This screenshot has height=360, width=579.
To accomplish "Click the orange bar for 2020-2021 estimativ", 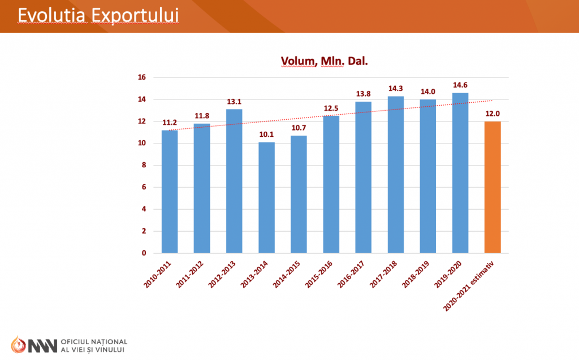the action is tap(492, 187).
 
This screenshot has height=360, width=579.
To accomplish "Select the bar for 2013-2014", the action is tap(267, 198).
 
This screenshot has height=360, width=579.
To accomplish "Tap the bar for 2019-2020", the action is tap(460, 173).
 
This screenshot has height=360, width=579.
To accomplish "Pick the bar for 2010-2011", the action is tap(170, 192).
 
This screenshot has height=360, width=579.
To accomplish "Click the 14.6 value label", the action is tap(460, 85).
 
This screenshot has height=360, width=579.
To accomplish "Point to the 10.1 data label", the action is tap(266, 135).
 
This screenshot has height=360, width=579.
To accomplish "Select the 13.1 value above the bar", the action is tap(234, 102).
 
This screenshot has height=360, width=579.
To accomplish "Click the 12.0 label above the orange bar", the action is tap(492, 114).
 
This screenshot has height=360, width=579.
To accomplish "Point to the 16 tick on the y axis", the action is tap(142, 77).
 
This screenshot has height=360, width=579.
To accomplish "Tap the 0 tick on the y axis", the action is tap(144, 253).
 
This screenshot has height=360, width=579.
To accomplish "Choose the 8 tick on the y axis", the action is tap(144, 165).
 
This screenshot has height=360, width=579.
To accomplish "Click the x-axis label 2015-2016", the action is tap(319, 274).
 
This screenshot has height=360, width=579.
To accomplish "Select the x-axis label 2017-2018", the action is tap(383, 274).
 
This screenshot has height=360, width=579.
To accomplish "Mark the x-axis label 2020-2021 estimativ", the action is tap(468, 286).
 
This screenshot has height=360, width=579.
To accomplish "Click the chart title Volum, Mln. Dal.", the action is tap(324, 61).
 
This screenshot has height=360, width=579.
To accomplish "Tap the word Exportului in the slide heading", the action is tap(135, 15).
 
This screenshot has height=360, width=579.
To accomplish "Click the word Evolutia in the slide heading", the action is tap(51, 15).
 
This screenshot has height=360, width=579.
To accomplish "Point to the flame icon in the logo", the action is tap(18, 345).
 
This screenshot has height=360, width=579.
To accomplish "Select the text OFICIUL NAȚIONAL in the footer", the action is tap(94, 342).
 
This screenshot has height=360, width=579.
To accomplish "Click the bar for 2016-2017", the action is tap(364, 177).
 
